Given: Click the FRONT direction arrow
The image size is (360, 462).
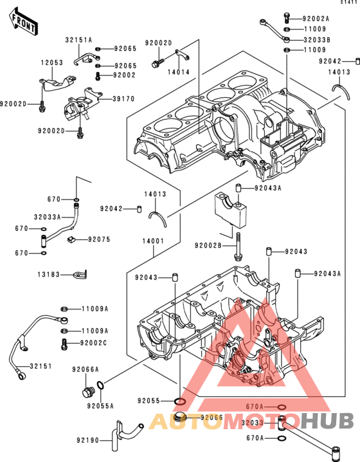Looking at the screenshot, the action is (x=23, y=21).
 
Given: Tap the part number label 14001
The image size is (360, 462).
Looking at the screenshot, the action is (x=153, y=241).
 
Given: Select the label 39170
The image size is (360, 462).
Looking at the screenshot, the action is (x=123, y=98).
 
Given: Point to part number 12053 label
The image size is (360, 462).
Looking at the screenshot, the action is (x=52, y=62).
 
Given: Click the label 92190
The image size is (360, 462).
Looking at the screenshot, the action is (x=87, y=440).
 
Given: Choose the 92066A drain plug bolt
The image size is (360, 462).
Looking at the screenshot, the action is (x=87, y=393).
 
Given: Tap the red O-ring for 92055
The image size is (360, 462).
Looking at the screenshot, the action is (x=180, y=401).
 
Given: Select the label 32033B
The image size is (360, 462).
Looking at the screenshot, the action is (x=317, y=39).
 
